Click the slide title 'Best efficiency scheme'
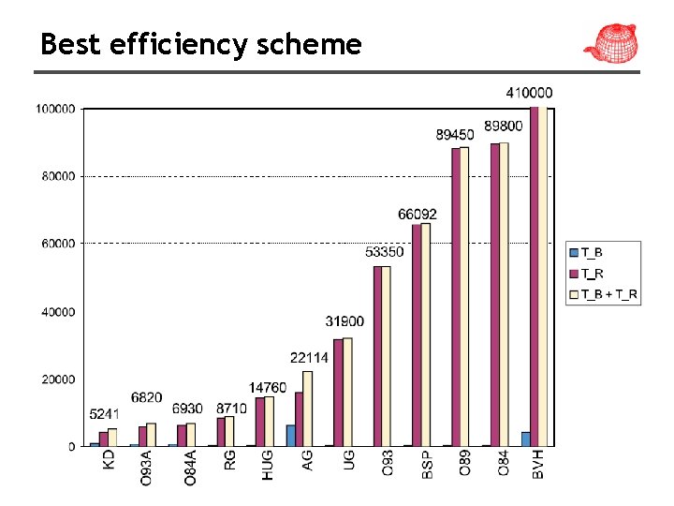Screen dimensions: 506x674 200,44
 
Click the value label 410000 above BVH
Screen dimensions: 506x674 529,93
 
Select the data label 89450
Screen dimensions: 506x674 454,135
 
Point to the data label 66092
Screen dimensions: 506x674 417,215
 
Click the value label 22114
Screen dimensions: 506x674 308,357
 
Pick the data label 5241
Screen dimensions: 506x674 104,413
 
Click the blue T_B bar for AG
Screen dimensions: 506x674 290,436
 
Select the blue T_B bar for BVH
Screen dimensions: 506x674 526,439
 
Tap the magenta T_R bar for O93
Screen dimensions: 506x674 377,356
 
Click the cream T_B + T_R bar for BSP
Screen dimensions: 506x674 426,335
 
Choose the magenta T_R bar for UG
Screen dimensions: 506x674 338,393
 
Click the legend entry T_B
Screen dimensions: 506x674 591,252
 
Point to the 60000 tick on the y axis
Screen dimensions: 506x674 57,244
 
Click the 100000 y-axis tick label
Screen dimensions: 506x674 55,109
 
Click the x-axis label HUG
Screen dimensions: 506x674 268,463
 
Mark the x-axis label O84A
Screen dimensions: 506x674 189,468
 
